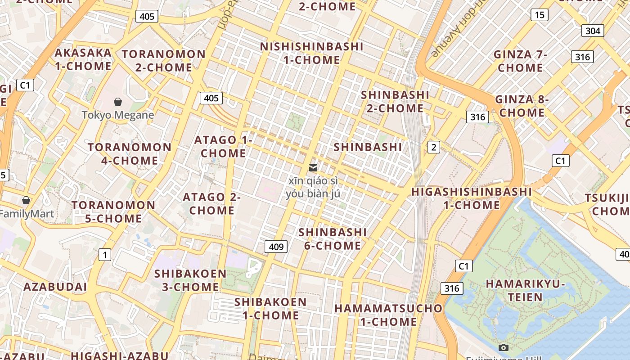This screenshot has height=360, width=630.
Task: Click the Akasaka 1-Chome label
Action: (83, 59)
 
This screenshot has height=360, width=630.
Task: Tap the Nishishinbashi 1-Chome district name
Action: (312, 53)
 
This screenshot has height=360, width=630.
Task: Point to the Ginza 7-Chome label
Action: (520, 61)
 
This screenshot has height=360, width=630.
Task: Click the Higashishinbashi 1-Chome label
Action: (472, 198)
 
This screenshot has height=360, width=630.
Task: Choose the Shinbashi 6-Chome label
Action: (332, 239)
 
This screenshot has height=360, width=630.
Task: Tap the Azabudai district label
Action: (55, 287)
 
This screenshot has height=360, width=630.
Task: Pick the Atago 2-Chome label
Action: (211, 204)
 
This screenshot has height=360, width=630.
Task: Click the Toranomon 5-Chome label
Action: (113, 212)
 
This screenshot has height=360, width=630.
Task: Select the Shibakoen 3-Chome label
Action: (190, 280)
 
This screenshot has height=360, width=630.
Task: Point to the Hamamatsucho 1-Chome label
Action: (388, 315)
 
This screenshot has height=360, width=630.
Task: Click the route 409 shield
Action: (276, 247)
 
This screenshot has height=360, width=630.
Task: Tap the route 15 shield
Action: (539, 15)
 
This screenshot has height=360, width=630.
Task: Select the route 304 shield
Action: (593, 31)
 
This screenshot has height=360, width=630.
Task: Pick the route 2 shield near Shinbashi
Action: (433, 147)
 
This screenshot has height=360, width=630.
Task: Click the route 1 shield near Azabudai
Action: (105, 255)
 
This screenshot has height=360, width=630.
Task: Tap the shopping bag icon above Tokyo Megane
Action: (118, 102)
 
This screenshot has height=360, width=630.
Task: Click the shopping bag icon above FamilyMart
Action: (26, 200)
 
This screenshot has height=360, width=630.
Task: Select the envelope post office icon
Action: (313, 168)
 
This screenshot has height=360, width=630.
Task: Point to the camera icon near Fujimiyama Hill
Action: (504, 347)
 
